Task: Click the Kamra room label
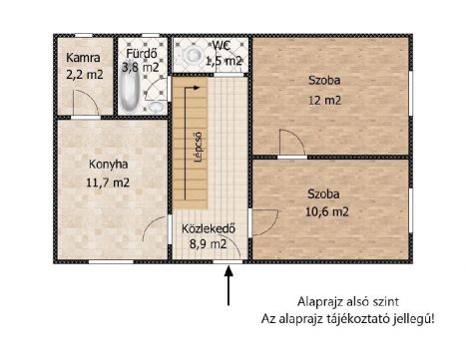point(83,58)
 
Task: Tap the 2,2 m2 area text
point(83,73)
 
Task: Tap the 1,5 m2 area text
point(223,61)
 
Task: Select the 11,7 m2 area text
point(108,181)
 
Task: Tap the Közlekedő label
point(208,226)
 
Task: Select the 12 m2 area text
point(322,101)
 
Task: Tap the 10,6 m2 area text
point(326,210)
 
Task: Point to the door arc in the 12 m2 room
point(290,145)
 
